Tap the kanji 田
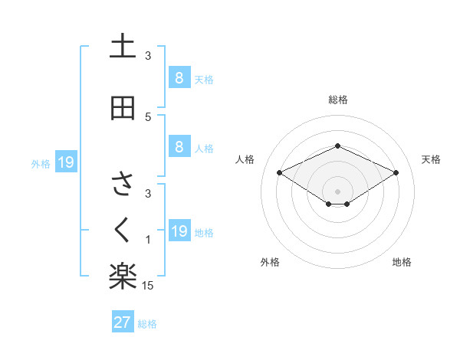(123, 108)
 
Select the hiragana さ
(123, 185)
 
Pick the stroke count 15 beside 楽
(149, 286)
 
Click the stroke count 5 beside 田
(148, 117)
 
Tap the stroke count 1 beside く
(148, 240)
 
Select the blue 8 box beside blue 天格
(179, 77)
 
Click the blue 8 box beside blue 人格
(179, 147)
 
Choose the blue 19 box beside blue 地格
(179, 231)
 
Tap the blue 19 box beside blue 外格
(65, 162)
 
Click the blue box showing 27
(123, 322)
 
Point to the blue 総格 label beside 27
(147, 324)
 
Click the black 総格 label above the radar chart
(338, 100)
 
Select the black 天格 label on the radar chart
(431, 159)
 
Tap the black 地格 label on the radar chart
(402, 262)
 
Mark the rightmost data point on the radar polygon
(396, 172)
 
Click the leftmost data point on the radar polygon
(279, 172)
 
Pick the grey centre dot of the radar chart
(338, 191)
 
